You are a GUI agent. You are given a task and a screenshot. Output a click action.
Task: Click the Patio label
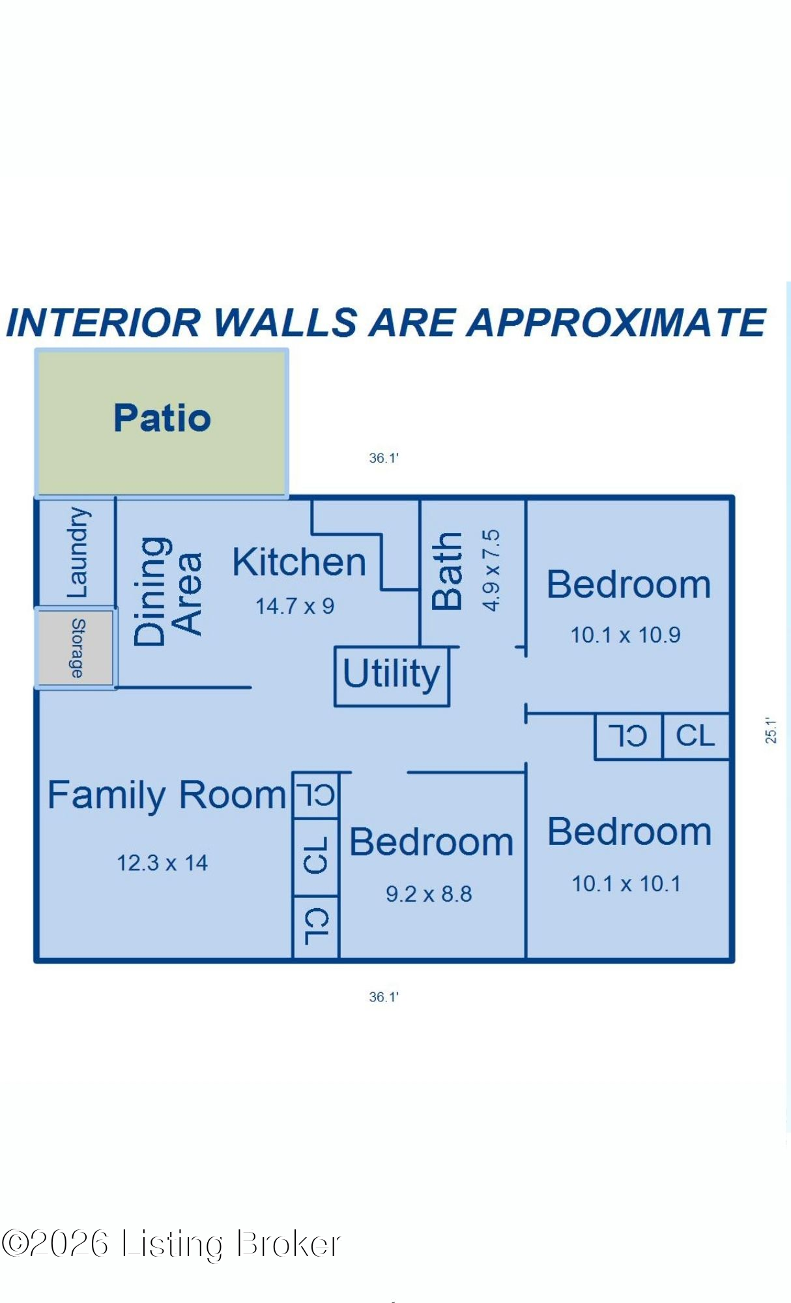tap(162, 418)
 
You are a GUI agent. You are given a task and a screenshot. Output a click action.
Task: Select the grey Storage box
tap(76, 648)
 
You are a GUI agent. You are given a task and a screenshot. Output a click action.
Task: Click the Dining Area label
tap(167, 592)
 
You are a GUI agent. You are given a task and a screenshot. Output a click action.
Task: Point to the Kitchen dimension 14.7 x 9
tap(295, 607)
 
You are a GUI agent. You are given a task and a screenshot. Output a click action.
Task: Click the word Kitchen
tap(299, 562)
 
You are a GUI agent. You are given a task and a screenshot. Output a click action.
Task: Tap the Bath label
tap(447, 571)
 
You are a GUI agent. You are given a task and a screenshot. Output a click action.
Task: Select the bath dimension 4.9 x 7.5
tap(491, 570)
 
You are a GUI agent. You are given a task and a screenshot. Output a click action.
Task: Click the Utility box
tap(392, 676)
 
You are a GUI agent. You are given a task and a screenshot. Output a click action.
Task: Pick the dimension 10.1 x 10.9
tap(626, 635)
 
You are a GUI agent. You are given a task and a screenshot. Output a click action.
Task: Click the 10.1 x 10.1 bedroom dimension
tap(626, 884)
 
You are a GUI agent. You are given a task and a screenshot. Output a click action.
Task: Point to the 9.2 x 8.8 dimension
tap(429, 894)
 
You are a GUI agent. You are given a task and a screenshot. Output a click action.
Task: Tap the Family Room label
tap(167, 796)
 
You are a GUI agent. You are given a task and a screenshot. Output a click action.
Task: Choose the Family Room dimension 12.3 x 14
tap(162, 863)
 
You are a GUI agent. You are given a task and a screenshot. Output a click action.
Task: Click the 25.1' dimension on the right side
tap(771, 730)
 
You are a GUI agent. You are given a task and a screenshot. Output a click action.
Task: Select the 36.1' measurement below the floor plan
tap(384, 997)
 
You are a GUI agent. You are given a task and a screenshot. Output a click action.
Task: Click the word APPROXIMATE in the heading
tap(616, 322)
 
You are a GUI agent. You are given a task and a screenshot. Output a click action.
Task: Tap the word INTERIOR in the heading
tap(103, 322)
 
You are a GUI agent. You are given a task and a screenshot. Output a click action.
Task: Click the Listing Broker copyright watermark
tap(171, 1244)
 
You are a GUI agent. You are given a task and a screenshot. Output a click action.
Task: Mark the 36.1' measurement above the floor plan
tap(384, 458)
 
